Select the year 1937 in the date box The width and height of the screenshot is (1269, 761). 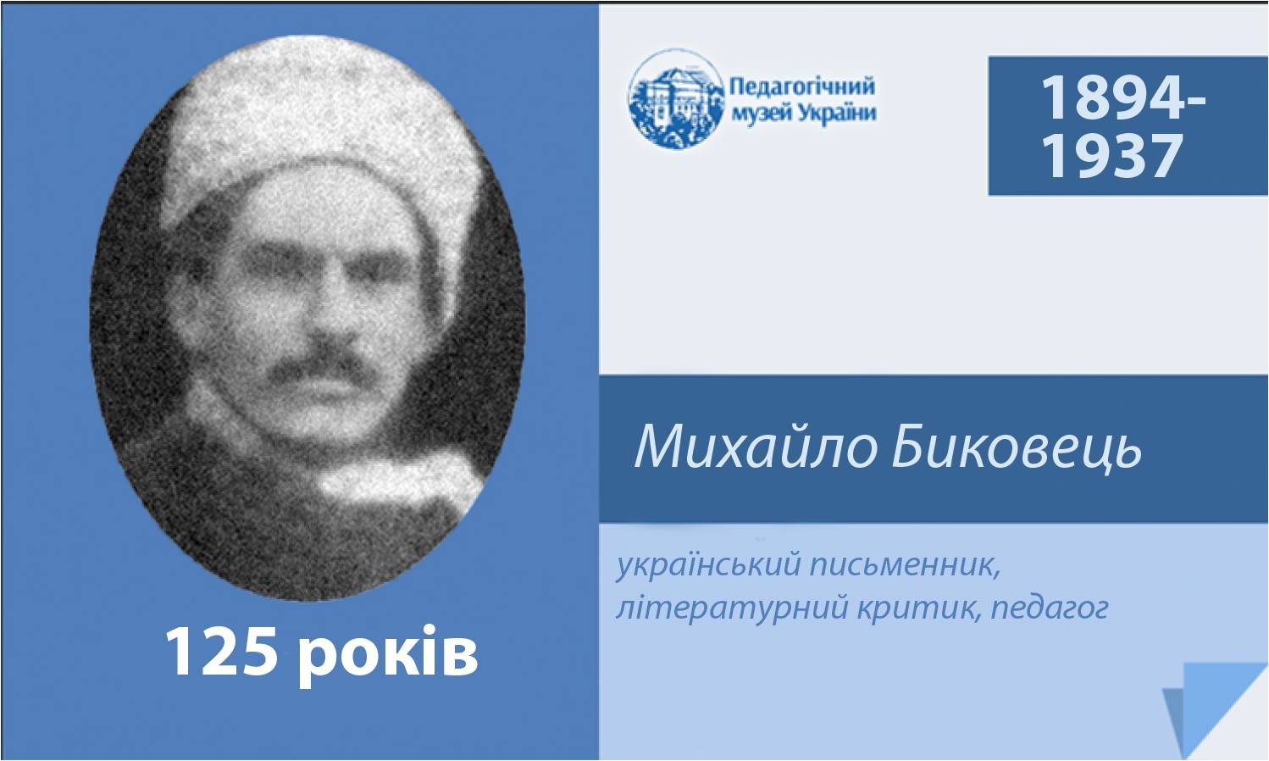(x=1112, y=155)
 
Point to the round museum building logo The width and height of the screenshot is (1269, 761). (x=676, y=99)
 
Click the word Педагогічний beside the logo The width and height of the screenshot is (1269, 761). (x=802, y=87)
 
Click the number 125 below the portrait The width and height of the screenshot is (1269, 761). (x=222, y=653)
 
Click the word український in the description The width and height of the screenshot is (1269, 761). (x=709, y=565)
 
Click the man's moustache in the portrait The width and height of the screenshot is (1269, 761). (x=317, y=363)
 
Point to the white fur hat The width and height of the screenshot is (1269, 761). (x=317, y=131)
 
